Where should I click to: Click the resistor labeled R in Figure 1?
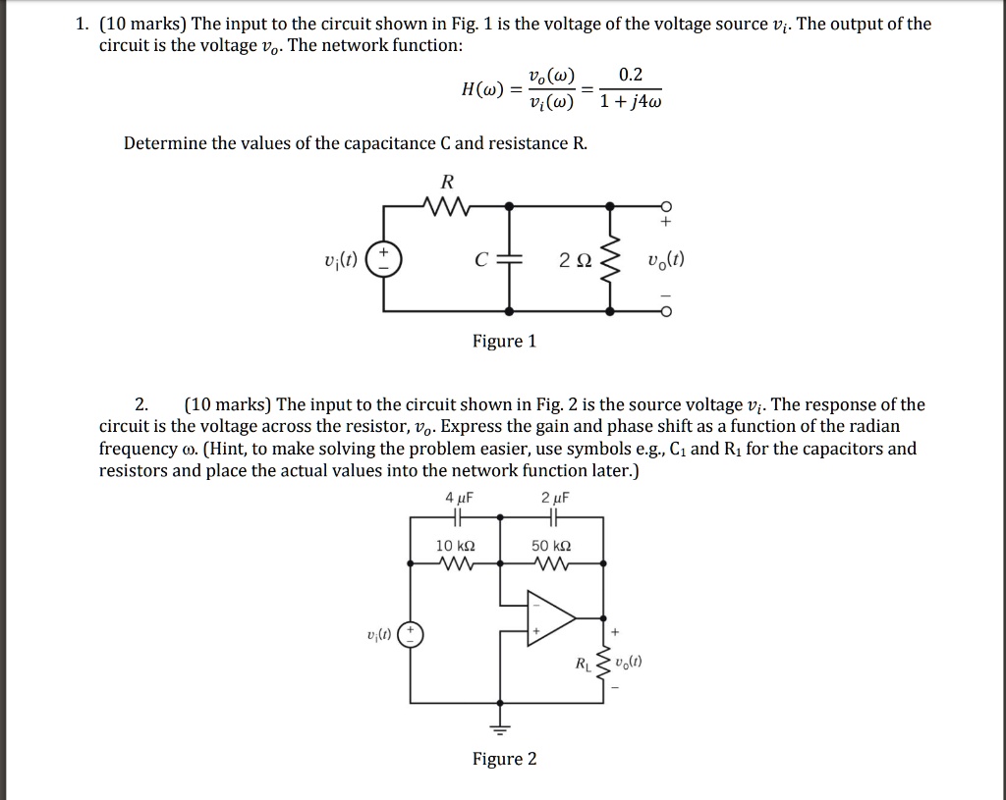click(447, 206)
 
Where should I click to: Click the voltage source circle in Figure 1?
click(383, 261)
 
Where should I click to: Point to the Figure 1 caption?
click(504, 342)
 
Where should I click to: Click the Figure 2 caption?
click(504, 759)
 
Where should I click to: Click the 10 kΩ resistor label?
click(457, 545)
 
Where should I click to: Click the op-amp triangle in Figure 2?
click(551, 617)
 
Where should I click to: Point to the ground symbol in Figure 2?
click(502, 728)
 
